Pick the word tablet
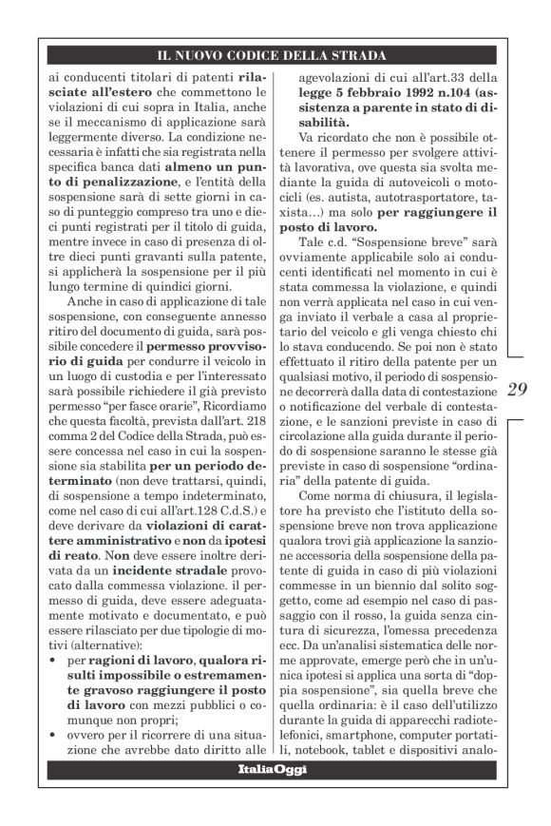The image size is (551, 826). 392,743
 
